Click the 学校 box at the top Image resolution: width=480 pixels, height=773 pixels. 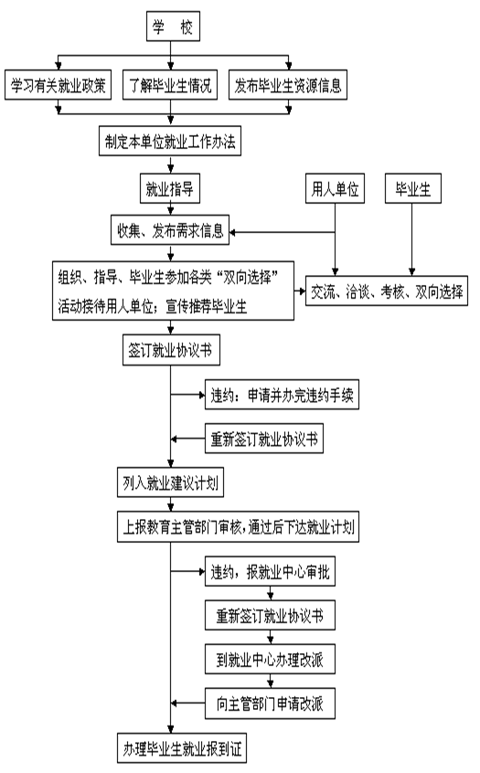click(173, 26)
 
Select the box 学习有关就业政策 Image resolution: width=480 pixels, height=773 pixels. click(59, 85)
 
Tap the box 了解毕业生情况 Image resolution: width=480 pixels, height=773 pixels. click(170, 85)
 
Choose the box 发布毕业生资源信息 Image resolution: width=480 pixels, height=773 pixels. click(288, 85)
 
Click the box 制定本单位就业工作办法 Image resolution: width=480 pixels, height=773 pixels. click(170, 141)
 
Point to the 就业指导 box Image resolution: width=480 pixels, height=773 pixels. click(170, 188)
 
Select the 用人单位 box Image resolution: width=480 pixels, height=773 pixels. click(335, 188)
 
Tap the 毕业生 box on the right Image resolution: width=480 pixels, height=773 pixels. click(413, 188)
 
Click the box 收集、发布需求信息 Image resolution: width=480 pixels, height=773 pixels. click(170, 229)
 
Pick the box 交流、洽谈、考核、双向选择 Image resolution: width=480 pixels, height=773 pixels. click(387, 291)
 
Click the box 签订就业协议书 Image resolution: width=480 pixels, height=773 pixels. click(171, 350)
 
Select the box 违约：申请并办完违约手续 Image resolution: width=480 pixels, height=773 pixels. click(282, 395)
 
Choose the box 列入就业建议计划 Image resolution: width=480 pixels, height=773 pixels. click(170, 482)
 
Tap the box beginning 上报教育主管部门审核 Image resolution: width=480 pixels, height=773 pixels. click(238, 527)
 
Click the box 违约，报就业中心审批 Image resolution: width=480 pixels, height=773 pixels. click(270, 571)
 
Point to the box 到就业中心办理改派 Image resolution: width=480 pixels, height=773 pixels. click(270, 659)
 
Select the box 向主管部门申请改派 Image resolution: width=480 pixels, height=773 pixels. click(270, 704)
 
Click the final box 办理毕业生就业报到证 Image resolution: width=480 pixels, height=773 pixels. click(182, 748)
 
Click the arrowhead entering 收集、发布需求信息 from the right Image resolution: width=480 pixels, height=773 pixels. click(233, 233)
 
